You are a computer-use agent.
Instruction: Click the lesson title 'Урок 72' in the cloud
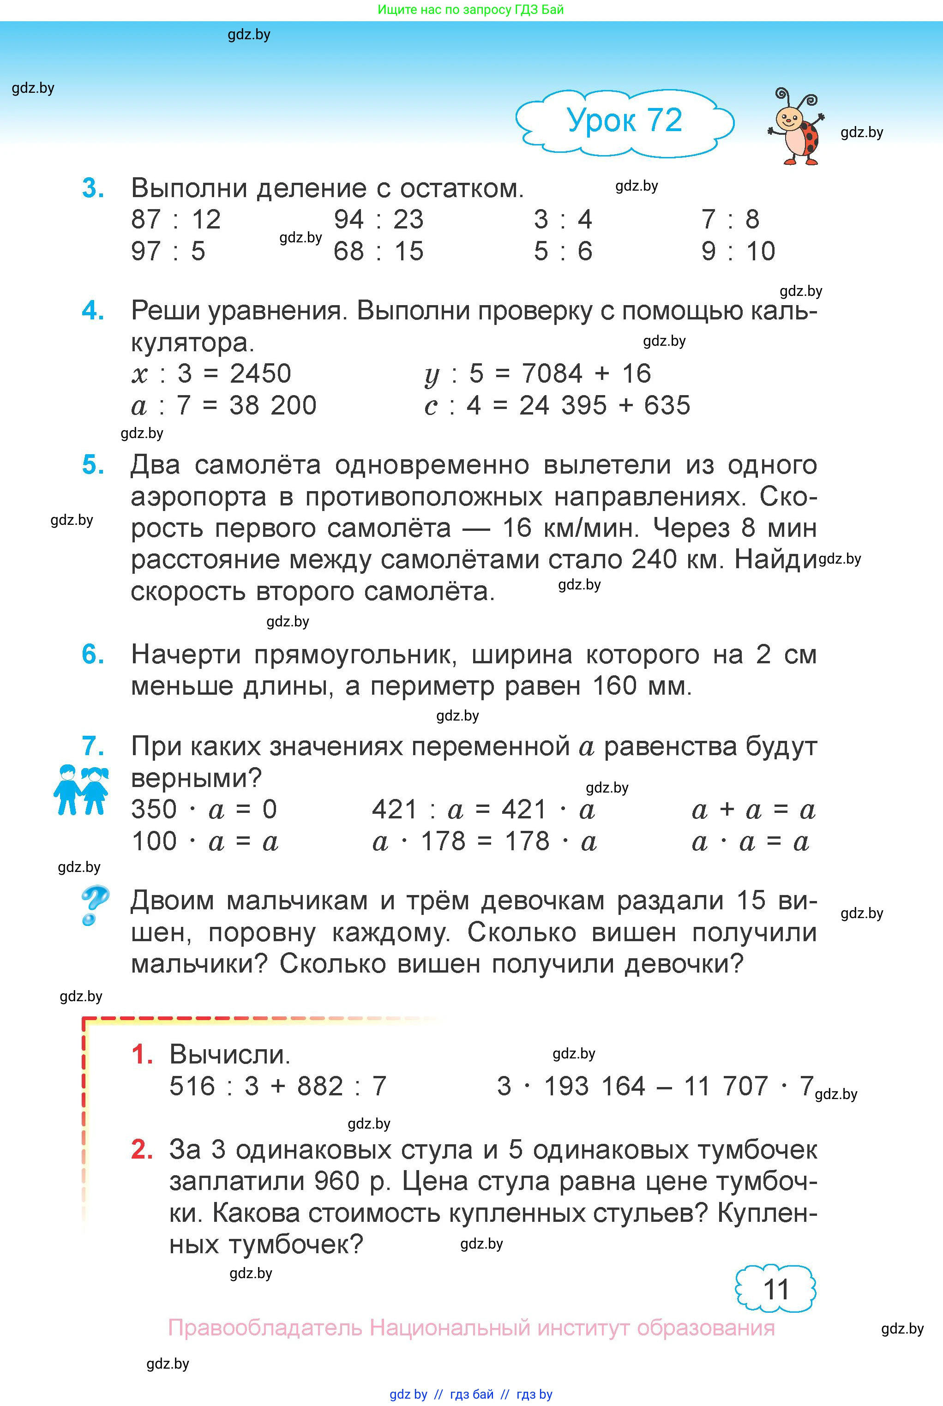pos(624,120)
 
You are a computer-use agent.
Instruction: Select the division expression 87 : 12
pos(175,220)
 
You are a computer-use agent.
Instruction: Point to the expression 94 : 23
pos(378,220)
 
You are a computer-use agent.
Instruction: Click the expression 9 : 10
pos(738,252)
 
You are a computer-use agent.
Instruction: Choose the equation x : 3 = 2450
pos(211,374)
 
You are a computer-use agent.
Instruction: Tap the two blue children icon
pos(81,790)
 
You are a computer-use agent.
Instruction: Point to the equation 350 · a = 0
pos(204,810)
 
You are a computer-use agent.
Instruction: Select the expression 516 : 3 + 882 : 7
pos(278,1087)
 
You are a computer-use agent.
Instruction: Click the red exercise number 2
pos(142,1150)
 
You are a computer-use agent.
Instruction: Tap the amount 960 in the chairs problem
pos(337,1182)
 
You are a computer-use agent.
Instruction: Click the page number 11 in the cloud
pos(776,1290)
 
